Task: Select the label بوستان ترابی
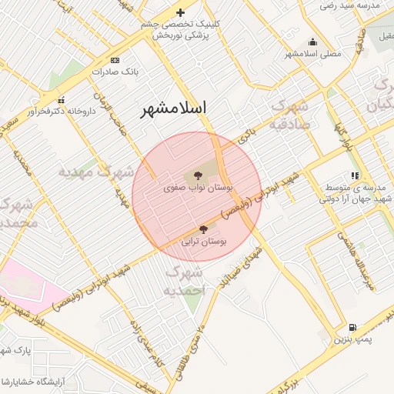point(204,241)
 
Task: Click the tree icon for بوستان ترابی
point(203,229)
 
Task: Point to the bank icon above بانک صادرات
point(115,60)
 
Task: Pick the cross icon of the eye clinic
point(180,12)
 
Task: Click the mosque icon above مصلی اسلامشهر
point(312,42)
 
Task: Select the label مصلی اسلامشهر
point(313,54)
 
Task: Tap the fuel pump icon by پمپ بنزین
point(353,328)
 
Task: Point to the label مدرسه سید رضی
point(351,5)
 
